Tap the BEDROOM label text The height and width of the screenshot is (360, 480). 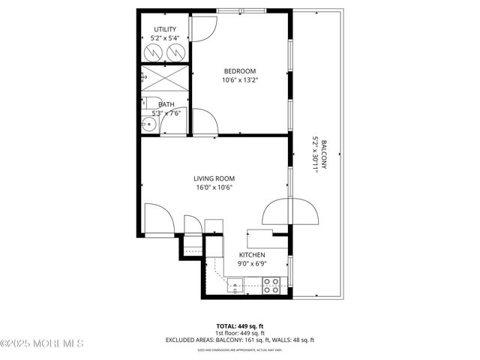point(240,71)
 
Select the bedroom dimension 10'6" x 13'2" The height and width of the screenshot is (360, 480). point(240,80)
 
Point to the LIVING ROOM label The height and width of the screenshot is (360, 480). point(214,178)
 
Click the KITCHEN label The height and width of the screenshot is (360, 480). point(252,255)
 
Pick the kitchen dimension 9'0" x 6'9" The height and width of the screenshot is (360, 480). point(252,263)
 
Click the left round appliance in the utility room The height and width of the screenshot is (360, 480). point(154,52)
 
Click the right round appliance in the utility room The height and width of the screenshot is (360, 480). point(176,52)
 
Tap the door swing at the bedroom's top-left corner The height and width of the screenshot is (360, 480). point(203,26)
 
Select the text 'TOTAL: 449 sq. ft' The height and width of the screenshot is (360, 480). point(240,325)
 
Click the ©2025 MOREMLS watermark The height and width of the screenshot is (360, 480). point(42,343)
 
